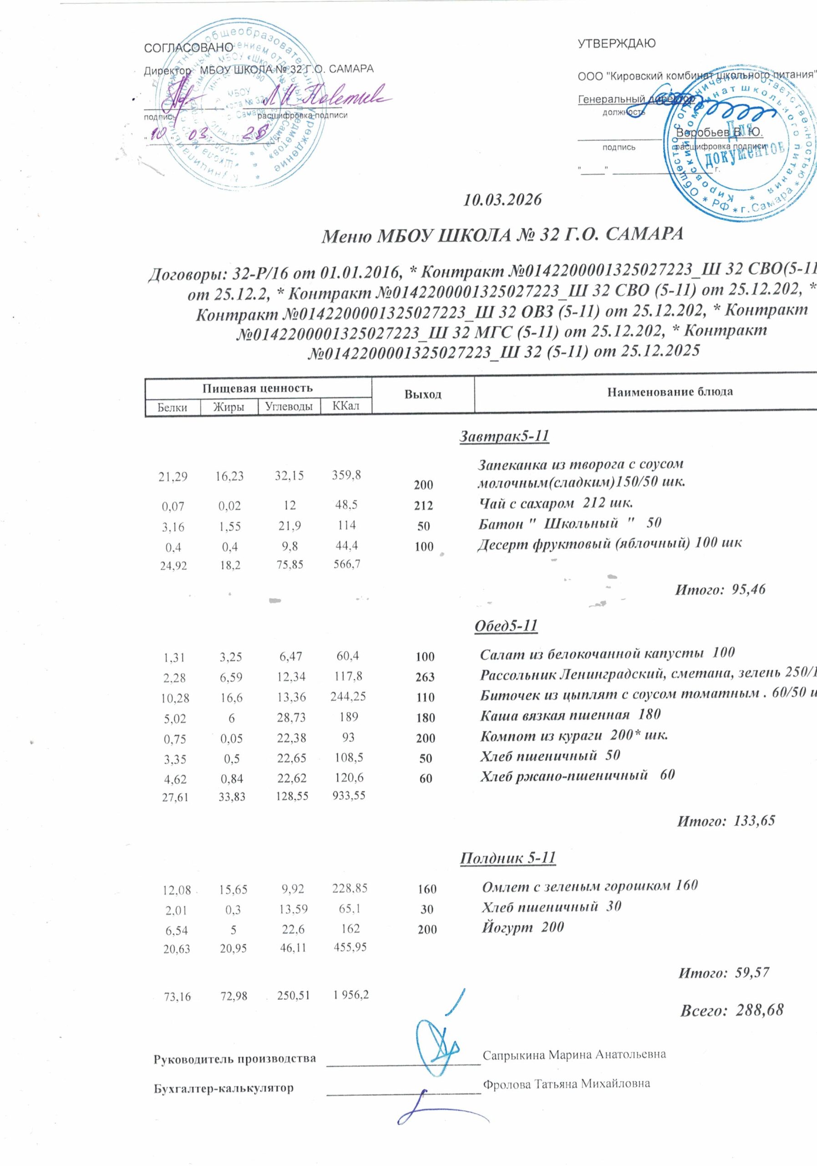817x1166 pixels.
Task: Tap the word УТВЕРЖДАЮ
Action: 617,43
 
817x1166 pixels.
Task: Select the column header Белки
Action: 172,407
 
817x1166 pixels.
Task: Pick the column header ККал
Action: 345,406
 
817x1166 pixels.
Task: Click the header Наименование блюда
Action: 670,392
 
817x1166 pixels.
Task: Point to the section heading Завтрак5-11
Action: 504,436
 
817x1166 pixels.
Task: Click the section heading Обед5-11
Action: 505,626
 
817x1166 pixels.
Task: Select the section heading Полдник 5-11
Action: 507,858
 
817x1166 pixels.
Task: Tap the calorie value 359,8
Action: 346,475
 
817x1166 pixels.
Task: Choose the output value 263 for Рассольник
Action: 425,677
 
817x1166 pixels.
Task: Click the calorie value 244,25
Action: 349,696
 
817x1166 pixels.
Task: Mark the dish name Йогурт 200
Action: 522,927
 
